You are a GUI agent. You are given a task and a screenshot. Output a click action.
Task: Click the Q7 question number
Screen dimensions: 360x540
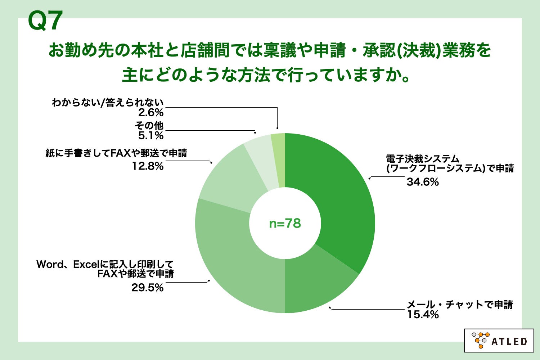click(x=45, y=21)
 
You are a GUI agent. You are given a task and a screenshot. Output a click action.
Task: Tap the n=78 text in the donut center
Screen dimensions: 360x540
click(x=285, y=224)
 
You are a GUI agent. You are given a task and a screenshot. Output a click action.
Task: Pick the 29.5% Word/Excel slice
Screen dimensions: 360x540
click(x=230, y=259)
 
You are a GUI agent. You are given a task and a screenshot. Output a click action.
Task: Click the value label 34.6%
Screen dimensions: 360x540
click(x=423, y=182)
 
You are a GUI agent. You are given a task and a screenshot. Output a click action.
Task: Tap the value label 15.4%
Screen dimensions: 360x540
click(x=423, y=315)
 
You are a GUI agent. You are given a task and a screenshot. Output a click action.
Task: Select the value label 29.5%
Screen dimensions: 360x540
click(x=147, y=288)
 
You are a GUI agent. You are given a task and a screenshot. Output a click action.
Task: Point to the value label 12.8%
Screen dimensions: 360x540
click(x=147, y=166)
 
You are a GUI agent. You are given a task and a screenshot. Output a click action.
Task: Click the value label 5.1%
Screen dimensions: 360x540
click(x=151, y=136)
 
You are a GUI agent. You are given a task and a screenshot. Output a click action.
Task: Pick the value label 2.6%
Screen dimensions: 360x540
click(x=151, y=113)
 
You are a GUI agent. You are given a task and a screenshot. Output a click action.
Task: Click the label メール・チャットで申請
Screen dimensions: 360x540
click(x=460, y=305)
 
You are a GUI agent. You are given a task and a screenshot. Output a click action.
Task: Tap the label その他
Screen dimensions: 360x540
click(x=149, y=126)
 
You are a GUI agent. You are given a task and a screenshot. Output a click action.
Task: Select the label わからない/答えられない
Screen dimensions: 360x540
click(x=108, y=103)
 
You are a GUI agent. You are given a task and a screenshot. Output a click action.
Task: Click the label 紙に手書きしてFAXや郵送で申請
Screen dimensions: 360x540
click(x=116, y=153)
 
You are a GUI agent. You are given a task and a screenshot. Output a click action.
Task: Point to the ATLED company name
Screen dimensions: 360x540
click(x=509, y=341)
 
